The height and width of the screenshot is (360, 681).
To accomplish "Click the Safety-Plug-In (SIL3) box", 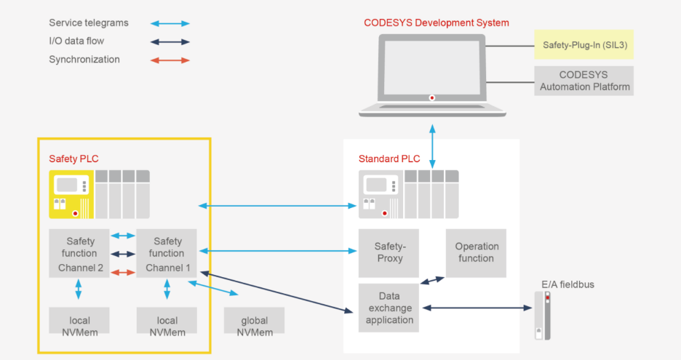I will (584, 44).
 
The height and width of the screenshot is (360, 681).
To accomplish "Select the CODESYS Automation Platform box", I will (584, 81).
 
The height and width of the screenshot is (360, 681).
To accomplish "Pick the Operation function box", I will (476, 252).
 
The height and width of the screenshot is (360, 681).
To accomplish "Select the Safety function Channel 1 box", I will (167, 253).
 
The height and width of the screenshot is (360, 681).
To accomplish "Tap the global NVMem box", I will (254, 321).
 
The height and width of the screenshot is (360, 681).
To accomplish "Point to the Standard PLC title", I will (389, 159).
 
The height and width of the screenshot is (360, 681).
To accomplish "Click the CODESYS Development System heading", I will (436, 23).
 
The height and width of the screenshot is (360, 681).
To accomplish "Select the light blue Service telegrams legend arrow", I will (170, 23).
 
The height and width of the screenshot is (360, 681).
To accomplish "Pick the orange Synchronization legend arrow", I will (170, 60).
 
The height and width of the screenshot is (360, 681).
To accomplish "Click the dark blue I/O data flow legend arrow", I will (170, 41).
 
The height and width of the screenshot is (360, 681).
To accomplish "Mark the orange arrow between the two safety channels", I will (123, 272).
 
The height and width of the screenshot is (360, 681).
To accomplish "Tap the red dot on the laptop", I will (432, 97).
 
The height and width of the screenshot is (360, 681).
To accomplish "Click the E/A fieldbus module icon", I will (539, 316).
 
